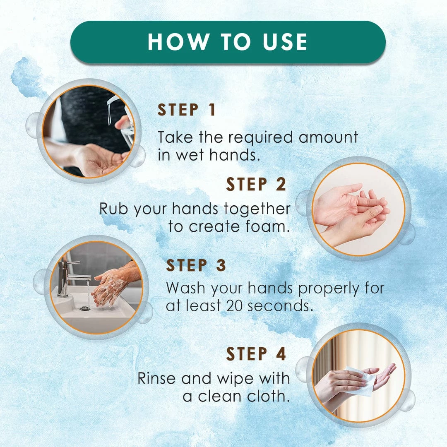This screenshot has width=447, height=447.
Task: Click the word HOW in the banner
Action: pos(178,42)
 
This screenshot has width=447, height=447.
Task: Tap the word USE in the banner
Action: pos(285,42)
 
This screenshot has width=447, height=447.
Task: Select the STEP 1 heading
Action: pos(186,110)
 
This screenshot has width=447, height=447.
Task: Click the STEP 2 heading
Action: pos(256,184)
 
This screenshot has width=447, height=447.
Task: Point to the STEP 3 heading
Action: pos(196,265)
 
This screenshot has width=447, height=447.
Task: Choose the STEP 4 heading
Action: pos(256,354)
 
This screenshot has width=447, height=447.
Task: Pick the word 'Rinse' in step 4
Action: pos(156,379)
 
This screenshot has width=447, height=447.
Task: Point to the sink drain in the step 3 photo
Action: pos(85,308)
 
